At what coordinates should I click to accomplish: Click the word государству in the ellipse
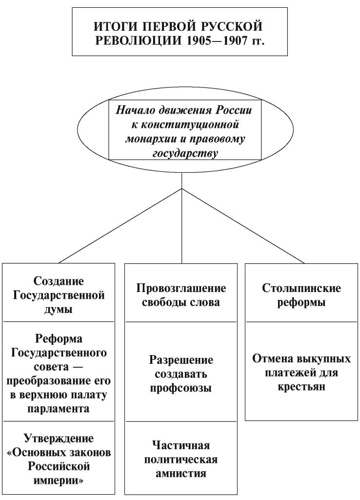click(x=185, y=154)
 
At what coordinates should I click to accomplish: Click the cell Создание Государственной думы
click(x=59, y=292)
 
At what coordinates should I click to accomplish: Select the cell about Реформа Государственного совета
click(x=59, y=372)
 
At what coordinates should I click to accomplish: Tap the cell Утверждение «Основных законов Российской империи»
click(x=59, y=458)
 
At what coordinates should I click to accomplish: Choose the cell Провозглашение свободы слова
click(x=180, y=292)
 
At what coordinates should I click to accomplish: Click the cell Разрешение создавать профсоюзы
click(x=180, y=372)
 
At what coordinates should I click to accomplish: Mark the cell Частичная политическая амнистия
click(x=180, y=458)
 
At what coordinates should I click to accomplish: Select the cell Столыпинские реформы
click(x=301, y=292)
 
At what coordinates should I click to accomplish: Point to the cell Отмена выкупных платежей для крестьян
click(x=301, y=372)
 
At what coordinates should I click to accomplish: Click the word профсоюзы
click(x=180, y=388)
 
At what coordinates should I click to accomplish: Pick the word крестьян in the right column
click(x=301, y=387)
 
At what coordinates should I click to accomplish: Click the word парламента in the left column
click(x=59, y=409)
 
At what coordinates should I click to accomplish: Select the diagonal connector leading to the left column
click(x=120, y=226)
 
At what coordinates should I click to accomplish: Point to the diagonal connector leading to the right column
click(x=243, y=226)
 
